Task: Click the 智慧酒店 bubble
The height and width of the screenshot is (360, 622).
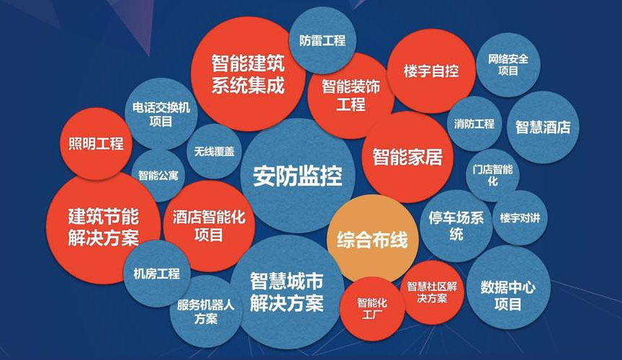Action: point(542,127)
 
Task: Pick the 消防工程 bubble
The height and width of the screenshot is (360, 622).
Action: point(474,124)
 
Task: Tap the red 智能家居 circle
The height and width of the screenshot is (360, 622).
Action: point(407,156)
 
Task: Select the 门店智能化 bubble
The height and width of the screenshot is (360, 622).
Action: point(492,176)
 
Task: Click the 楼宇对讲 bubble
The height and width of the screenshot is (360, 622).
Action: point(519,217)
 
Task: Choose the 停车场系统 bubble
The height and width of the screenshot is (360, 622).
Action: point(456,225)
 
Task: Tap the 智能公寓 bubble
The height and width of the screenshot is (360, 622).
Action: point(158,175)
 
